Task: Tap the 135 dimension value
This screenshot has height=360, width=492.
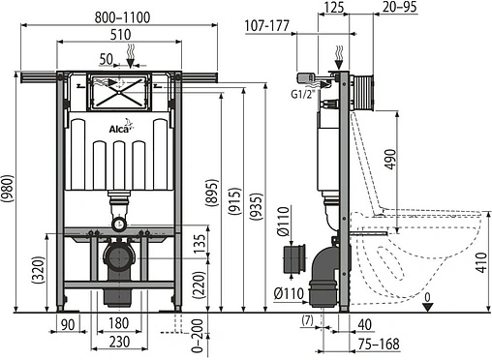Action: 199,242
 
